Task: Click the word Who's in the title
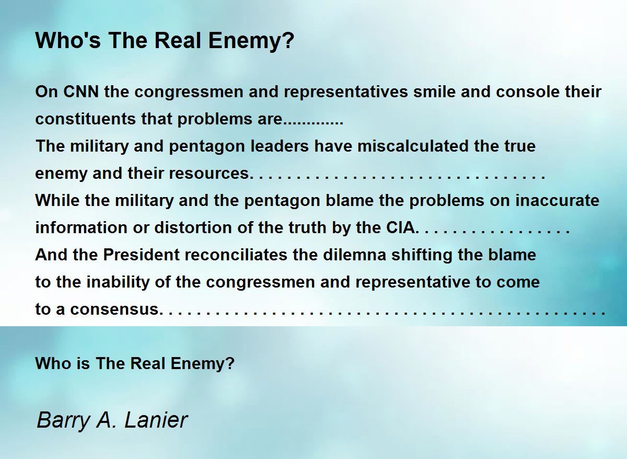click(68, 40)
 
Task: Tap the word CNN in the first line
click(81, 91)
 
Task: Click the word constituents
click(86, 119)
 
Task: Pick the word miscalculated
click(413, 146)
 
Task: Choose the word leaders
click(280, 146)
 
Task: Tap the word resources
click(209, 173)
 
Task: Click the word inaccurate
click(558, 200)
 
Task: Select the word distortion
click(193, 227)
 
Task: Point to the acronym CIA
click(401, 227)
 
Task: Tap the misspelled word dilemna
click(354, 255)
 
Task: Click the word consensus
click(114, 309)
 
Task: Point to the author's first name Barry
click(63, 421)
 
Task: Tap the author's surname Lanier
click(156, 420)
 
